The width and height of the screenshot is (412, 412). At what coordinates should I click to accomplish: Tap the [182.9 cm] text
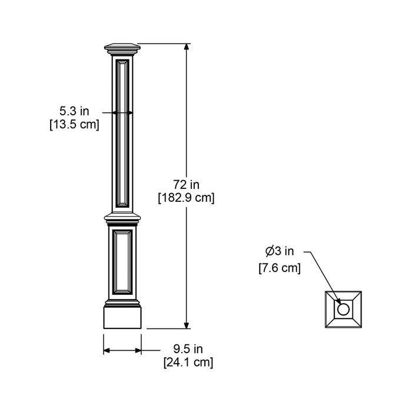(186, 198)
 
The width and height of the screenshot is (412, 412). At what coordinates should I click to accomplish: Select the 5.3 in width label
(74, 111)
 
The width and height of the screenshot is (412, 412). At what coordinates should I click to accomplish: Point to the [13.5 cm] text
(74, 124)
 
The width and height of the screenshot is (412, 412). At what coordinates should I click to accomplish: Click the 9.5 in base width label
(188, 349)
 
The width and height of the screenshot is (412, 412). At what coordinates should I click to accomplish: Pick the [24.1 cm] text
(188, 363)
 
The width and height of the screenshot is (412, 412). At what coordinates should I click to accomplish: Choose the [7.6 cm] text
(280, 268)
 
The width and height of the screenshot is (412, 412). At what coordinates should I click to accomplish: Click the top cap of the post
(122, 47)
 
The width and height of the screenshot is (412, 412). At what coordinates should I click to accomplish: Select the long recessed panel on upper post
(122, 132)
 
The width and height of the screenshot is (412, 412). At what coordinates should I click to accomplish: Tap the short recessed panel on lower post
(122, 262)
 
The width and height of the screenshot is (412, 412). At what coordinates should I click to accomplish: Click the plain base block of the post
(122, 317)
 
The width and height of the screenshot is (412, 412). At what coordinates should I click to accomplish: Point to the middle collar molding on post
(122, 218)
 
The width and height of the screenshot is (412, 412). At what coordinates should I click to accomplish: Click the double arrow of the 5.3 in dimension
(122, 112)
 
